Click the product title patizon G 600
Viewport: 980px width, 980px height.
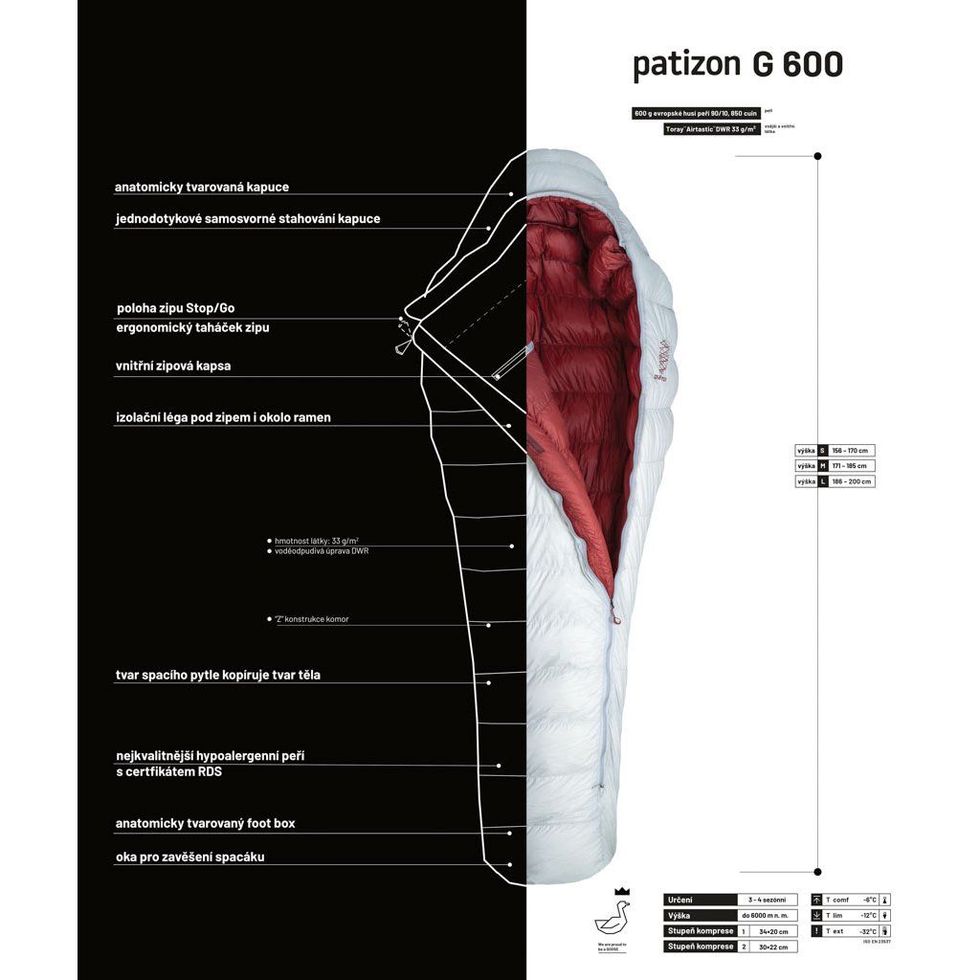738,64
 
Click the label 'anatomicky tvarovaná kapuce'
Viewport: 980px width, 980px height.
201,188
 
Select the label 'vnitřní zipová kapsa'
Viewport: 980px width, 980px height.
172,366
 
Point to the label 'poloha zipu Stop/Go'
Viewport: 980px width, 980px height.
174,308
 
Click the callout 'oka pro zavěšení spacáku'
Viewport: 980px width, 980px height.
189,857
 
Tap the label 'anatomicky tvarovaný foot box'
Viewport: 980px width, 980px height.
212,823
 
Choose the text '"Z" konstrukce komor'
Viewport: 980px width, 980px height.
312,619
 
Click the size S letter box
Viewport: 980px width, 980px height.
823,450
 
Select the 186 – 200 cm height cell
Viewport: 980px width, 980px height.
852,481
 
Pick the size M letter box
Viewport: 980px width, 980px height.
823,466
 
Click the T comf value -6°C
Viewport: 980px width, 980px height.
869,900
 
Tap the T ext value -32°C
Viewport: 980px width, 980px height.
868,930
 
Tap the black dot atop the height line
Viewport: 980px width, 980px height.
817,155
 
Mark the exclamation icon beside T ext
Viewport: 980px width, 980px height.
815,930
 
